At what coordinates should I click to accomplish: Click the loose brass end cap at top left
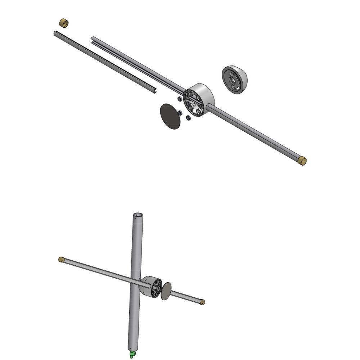64,23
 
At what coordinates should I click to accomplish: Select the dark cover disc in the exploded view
170,116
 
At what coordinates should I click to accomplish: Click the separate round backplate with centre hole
234,80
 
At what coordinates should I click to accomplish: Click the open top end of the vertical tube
138,216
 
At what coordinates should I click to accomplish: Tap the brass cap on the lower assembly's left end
61,259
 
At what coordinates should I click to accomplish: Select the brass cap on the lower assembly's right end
202,302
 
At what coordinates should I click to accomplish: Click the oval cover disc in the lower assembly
166,291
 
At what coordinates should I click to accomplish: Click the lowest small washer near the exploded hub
188,118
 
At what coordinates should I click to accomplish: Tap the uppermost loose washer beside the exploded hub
179,98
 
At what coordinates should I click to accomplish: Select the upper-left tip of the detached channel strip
55,33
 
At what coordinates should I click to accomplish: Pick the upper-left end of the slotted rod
93,38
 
